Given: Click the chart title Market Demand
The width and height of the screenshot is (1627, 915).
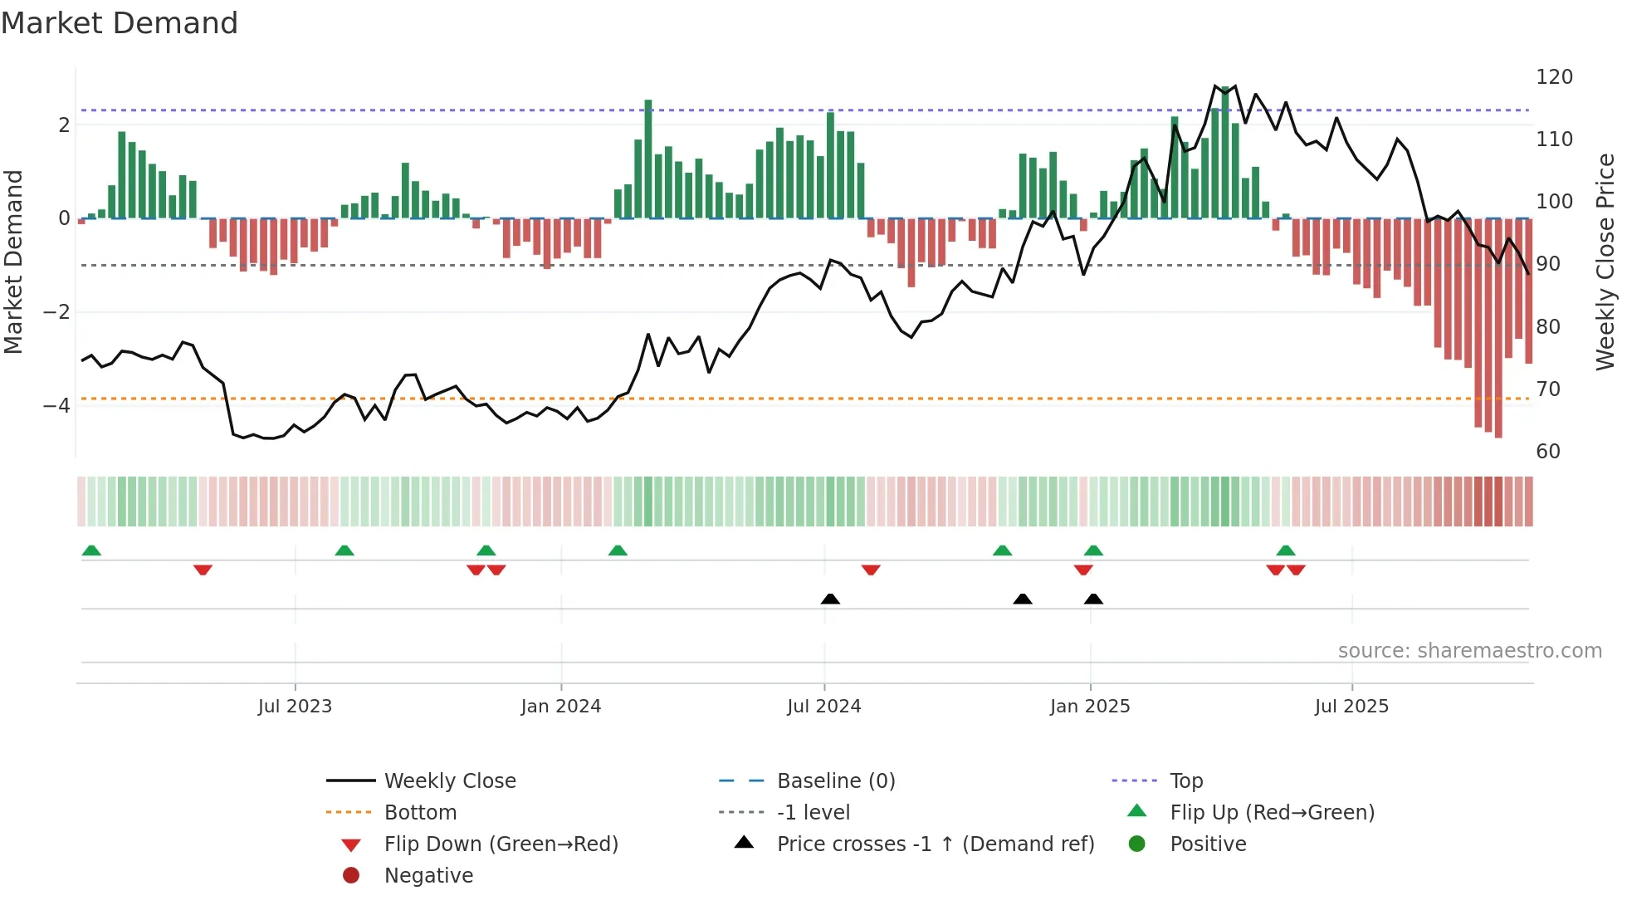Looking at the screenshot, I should click(120, 23).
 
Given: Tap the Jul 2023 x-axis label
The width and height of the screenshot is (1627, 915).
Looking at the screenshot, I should click(295, 707).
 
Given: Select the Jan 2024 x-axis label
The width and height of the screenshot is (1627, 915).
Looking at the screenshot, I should click(561, 707).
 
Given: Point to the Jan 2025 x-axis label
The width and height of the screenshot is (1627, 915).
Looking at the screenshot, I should click(1090, 707).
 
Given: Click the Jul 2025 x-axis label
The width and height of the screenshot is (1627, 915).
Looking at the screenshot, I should click(1351, 707).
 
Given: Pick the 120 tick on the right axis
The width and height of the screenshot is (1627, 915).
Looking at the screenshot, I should click(1554, 77).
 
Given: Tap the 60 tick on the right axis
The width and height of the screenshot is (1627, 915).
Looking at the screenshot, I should click(1548, 452).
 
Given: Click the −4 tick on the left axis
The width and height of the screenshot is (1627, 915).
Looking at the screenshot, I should click(56, 406).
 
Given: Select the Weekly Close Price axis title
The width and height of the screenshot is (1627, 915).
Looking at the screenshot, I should click(1605, 262).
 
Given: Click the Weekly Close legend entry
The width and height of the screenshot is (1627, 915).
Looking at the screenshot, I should click(449, 781).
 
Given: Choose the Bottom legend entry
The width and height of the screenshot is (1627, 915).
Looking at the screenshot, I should click(420, 813).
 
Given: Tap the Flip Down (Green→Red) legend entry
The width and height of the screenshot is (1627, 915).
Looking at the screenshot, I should click(501, 844).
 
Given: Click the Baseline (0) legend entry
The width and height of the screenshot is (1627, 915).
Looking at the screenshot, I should click(835, 781).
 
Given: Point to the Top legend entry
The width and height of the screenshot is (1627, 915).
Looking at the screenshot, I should click(1186, 781).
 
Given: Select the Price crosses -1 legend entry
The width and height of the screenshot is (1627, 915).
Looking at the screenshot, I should click(935, 844).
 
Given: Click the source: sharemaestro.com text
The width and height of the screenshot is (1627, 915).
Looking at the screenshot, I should click(1469, 651).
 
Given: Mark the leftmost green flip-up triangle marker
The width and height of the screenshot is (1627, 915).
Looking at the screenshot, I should click(91, 550).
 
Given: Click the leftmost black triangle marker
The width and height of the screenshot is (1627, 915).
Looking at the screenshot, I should click(830, 599).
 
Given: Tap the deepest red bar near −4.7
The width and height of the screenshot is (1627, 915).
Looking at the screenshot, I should click(1498, 332).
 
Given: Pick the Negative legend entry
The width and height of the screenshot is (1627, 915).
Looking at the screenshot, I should click(428, 876).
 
